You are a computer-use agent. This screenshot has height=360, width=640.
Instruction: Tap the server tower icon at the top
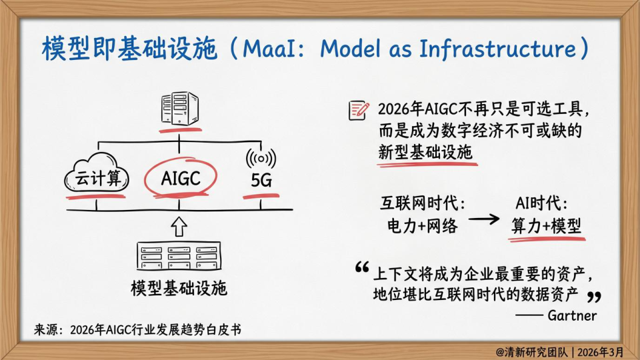point(179,108)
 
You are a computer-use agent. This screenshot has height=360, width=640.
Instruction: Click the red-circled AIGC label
point(181,179)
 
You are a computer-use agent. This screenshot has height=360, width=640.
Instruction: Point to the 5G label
point(261,180)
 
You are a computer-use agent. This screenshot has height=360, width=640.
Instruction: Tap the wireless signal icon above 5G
point(261,159)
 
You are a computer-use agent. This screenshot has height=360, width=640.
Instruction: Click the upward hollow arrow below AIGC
point(179,227)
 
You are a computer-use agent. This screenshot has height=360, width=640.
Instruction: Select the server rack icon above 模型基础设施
point(179,256)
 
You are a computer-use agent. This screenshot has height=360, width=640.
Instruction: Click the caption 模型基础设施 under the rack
point(179,288)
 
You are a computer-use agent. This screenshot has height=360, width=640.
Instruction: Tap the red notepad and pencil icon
point(359,110)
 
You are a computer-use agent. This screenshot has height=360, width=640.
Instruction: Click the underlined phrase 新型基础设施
point(425,152)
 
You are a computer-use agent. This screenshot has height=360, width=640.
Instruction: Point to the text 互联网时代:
point(423,203)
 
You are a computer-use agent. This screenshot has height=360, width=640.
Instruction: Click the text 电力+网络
point(423,226)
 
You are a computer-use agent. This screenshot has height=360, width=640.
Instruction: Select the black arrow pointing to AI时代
point(484,219)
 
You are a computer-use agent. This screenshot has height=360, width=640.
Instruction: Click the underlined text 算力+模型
point(546,226)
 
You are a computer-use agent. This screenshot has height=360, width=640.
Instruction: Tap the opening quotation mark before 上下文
point(362,267)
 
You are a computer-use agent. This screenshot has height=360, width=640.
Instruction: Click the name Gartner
point(572,315)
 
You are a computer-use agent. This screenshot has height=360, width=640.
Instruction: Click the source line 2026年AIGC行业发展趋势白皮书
point(155,330)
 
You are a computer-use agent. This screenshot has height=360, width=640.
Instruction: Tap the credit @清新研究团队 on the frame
point(531,352)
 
